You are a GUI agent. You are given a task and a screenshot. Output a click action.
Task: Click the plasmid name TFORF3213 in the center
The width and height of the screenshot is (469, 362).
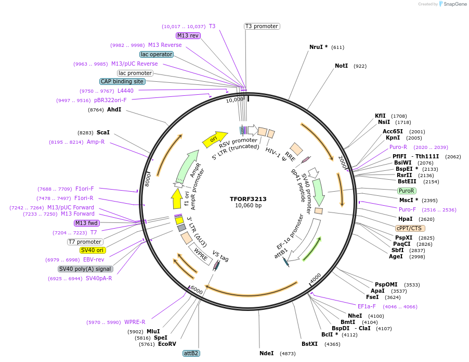(x=248, y=198)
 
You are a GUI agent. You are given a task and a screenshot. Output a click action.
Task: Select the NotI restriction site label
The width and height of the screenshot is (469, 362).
(x=341, y=66)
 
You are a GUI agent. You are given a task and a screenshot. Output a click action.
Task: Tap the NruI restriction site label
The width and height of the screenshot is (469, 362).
(x=318, y=47)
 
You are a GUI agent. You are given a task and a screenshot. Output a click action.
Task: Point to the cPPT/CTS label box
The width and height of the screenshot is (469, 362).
(x=410, y=228)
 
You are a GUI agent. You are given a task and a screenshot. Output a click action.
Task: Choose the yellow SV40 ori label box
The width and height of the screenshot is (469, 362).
(x=93, y=250)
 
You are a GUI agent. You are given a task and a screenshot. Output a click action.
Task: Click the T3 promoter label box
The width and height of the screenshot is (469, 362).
(x=262, y=26)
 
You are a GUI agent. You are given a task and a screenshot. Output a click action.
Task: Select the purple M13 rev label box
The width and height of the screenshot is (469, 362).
(x=188, y=35)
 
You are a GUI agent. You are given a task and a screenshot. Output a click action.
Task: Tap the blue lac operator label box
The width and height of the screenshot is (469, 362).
(x=156, y=54)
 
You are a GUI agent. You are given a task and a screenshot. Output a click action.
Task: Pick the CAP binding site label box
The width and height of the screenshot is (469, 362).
(x=122, y=81)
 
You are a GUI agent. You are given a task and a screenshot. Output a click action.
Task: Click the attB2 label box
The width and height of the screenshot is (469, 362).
(x=191, y=353)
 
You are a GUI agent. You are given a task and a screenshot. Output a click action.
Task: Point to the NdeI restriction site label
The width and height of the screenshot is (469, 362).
(x=267, y=353)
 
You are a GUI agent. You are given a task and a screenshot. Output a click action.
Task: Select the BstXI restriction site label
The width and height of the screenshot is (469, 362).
(x=309, y=344)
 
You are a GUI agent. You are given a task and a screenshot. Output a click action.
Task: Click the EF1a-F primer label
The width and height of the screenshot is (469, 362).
(x=367, y=306)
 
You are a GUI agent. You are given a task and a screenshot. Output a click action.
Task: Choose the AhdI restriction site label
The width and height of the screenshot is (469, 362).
(x=114, y=109)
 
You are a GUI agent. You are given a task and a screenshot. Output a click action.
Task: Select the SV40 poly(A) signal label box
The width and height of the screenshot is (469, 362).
(x=85, y=269)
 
